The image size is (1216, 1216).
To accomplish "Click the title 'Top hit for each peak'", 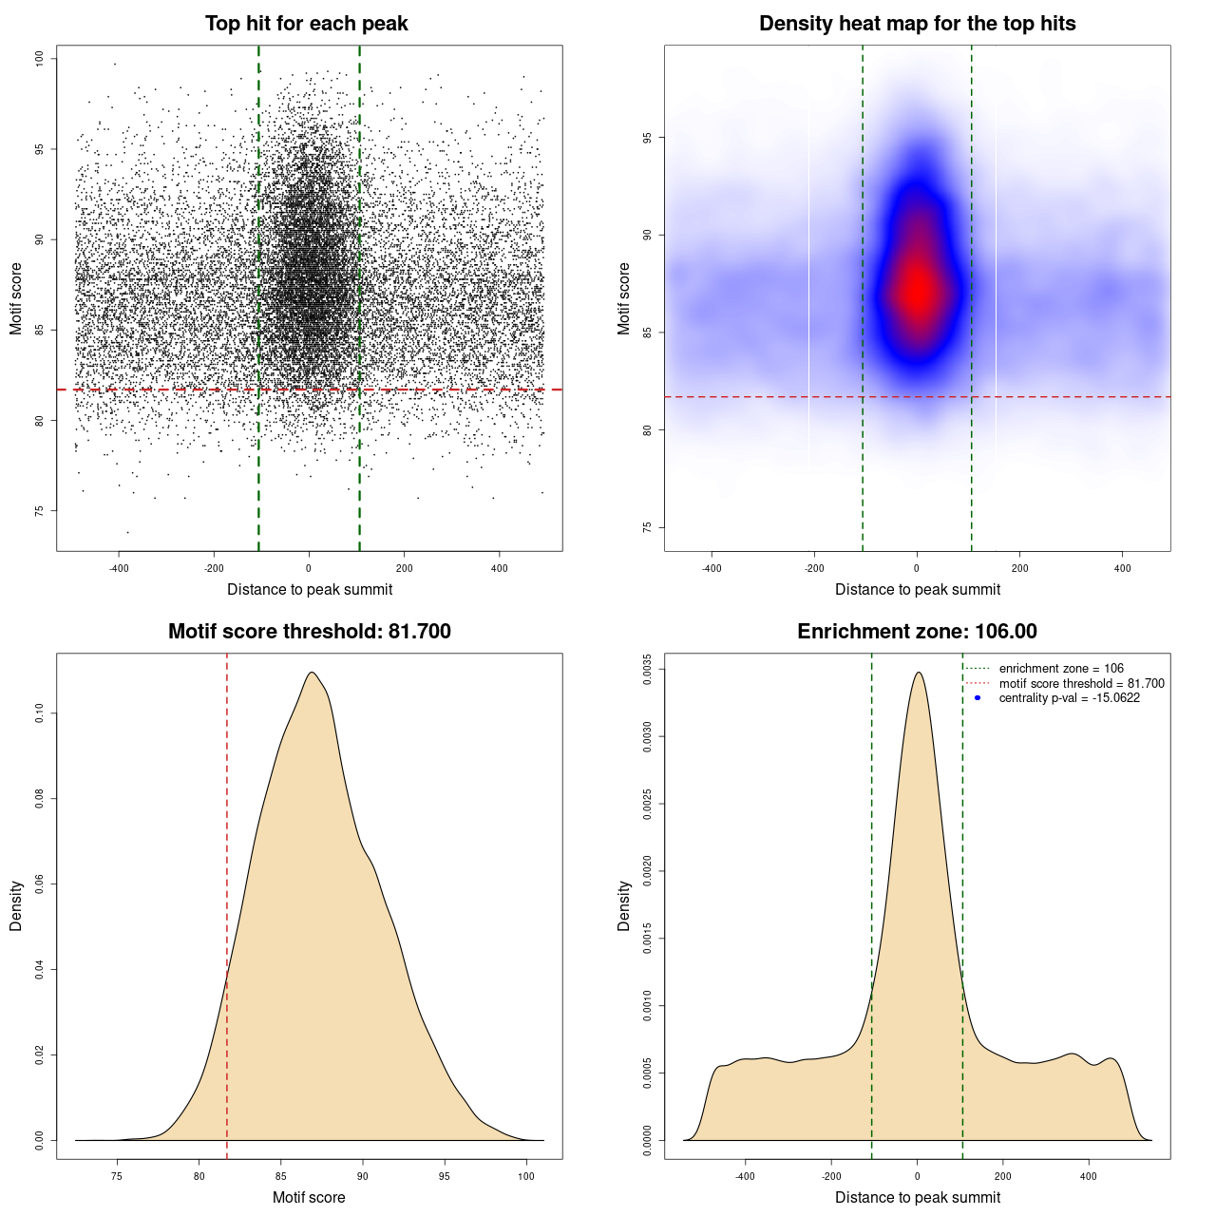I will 306,24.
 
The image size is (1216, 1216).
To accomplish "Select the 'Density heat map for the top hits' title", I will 917,24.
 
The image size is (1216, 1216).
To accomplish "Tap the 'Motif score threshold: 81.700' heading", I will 309,632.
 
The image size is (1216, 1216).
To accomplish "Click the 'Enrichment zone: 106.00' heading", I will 917,632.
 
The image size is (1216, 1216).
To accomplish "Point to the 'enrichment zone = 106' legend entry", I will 1060,669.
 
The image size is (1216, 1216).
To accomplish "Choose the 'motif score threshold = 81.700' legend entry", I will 1081,684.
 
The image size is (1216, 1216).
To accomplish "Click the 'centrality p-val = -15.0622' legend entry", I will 1069,698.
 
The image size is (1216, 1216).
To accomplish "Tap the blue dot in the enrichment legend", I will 978,698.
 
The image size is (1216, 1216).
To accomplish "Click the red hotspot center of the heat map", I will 918,291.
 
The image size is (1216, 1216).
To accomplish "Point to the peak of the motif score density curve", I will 312,673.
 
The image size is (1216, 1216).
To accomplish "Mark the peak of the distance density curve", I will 918,673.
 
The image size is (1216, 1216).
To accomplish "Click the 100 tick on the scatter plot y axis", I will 40,59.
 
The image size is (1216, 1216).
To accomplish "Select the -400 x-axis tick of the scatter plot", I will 119,568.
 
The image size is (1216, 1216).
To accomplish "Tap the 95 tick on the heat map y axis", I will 648,138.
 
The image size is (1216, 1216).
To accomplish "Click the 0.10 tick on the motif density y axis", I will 40,713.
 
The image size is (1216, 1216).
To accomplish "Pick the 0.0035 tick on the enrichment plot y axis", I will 648,669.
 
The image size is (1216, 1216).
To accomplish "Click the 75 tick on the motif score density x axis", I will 117,1176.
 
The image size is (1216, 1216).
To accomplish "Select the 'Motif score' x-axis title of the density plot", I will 309,1197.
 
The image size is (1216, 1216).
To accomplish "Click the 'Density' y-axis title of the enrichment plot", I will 624,905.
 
